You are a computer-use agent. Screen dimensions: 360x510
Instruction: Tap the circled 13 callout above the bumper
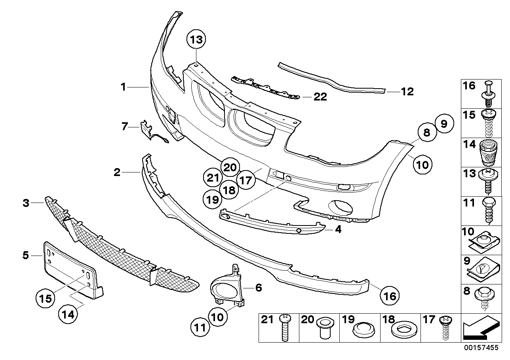point(197,40)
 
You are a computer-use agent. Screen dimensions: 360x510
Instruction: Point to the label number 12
point(407,92)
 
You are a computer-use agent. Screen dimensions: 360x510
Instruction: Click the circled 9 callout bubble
point(444,124)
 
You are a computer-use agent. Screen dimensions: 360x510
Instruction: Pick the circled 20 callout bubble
point(230,167)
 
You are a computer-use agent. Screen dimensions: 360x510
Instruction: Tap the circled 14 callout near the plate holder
point(69,315)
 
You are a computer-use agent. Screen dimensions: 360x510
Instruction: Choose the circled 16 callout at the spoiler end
point(390,296)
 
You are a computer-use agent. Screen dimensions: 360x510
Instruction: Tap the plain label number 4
point(338,229)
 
